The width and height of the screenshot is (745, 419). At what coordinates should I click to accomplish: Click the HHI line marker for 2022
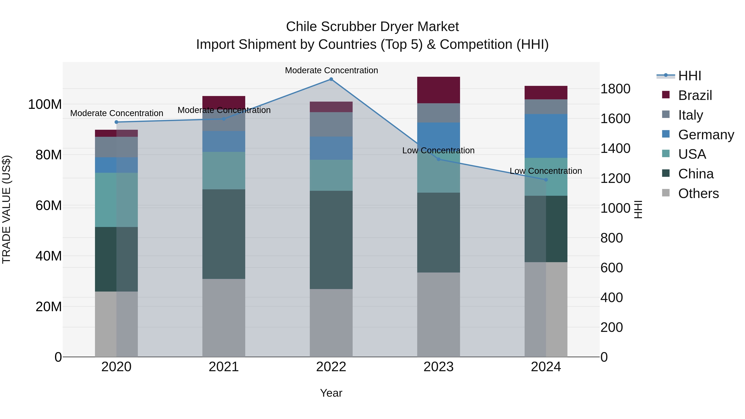tap(331, 79)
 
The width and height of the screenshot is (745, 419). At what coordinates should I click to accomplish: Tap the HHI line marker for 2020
tap(117, 122)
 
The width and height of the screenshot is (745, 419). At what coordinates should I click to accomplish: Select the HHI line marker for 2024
tap(546, 180)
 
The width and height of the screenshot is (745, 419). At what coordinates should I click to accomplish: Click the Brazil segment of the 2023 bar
tap(439, 90)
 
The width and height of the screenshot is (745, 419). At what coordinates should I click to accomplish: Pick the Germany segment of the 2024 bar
tap(546, 136)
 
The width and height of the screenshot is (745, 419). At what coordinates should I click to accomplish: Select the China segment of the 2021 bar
tap(223, 234)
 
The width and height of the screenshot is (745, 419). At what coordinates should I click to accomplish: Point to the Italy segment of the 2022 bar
tap(331, 124)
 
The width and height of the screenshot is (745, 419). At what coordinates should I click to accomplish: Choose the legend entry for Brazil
tap(695, 95)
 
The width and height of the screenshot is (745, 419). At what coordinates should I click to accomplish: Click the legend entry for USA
tap(692, 154)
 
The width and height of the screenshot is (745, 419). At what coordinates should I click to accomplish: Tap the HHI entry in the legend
tap(690, 76)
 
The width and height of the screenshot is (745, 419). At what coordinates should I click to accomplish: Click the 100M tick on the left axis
tap(45, 104)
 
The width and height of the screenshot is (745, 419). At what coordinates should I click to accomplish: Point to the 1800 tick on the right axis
tap(615, 89)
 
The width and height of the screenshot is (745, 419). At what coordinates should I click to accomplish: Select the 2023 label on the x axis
tap(439, 367)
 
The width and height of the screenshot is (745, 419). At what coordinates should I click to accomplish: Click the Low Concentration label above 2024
tap(546, 171)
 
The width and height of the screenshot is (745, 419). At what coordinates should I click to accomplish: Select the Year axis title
tap(331, 393)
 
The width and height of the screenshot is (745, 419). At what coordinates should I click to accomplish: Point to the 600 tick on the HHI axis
tap(611, 268)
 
